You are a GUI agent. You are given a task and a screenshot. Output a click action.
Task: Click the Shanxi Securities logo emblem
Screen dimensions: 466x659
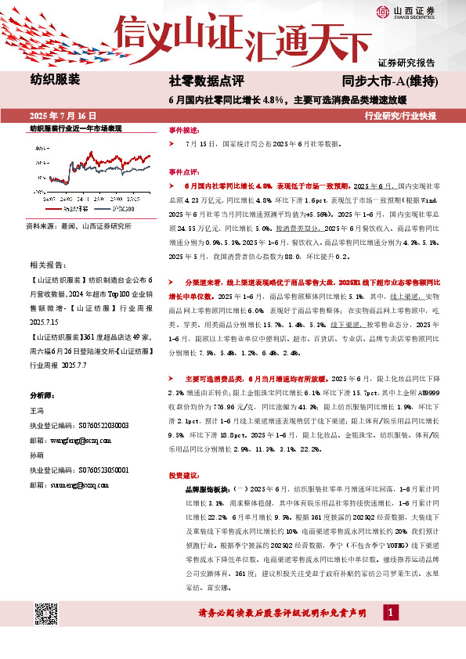click(384, 11)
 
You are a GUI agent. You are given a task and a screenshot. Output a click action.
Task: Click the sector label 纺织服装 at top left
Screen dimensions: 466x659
click(55, 79)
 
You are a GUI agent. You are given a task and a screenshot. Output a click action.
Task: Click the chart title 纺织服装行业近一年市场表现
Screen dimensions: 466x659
click(77, 128)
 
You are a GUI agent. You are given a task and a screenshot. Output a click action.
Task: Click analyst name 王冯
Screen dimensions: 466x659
click(37, 411)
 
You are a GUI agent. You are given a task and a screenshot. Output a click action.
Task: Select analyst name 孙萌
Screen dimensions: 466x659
click(37, 455)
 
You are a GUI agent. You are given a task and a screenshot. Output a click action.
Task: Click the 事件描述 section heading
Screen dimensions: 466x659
click(185, 131)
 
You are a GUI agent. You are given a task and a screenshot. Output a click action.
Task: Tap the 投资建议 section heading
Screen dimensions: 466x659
click(185, 475)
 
